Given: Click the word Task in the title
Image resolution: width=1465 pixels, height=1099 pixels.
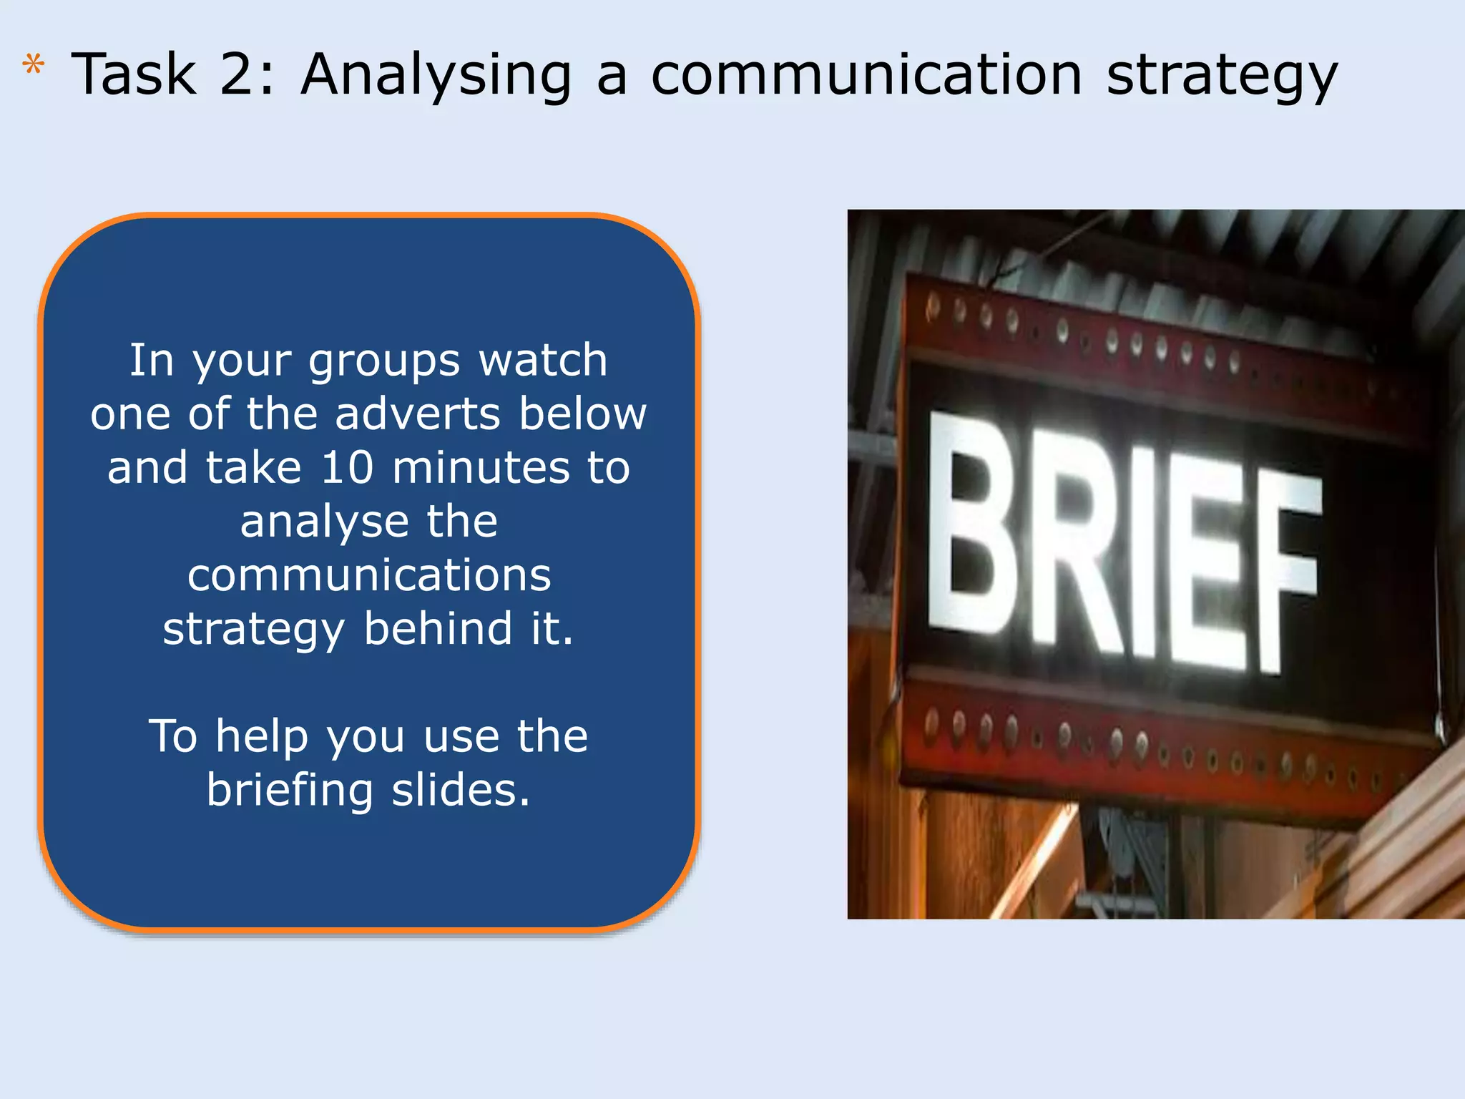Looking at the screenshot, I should [x=134, y=74].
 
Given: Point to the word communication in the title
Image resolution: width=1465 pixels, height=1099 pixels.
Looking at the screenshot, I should [x=866, y=74].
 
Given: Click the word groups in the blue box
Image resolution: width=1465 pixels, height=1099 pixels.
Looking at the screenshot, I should [x=384, y=362].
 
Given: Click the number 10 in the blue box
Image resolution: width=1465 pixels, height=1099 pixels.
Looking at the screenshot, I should [x=348, y=468].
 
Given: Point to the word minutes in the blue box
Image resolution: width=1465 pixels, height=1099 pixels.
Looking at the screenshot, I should [x=481, y=468].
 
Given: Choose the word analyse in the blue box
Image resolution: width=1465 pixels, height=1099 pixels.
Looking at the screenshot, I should [x=323, y=522].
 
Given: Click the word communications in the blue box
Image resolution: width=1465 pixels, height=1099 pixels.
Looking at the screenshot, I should [x=369, y=575].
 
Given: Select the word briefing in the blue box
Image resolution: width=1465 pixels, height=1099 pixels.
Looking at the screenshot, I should [x=290, y=791].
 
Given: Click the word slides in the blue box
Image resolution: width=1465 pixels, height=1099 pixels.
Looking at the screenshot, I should [x=460, y=790].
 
